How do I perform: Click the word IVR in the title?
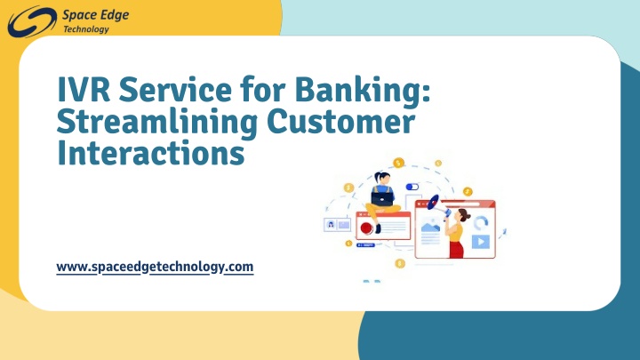(x=84, y=89)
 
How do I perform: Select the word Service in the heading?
(x=175, y=89)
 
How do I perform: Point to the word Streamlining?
(x=157, y=123)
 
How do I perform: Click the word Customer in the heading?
(x=341, y=121)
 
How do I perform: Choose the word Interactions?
(x=151, y=153)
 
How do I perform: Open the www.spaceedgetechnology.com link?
(x=155, y=267)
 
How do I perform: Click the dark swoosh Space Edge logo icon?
(x=32, y=21)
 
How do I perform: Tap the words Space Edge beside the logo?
(x=95, y=15)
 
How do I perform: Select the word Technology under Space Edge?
(x=86, y=29)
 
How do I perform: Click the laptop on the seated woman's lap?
(x=382, y=199)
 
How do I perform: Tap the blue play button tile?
(x=480, y=242)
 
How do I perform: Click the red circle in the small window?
(x=366, y=228)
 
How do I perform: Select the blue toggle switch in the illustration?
(x=412, y=187)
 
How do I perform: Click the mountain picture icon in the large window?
(x=430, y=226)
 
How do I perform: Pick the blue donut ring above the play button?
(x=481, y=223)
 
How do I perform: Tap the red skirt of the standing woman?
(x=456, y=250)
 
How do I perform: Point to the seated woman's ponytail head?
(x=382, y=178)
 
